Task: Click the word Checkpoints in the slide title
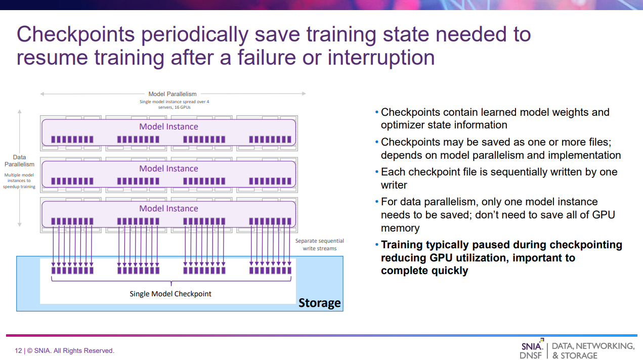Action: [75, 35]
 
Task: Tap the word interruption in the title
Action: [381, 58]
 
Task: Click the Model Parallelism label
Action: [173, 94]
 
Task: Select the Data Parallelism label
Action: [19, 161]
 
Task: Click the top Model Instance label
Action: [168, 126]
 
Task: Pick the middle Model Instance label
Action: [168, 168]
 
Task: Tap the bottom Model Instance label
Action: [168, 208]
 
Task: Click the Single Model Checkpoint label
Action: [170, 294]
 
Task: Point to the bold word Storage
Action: [320, 303]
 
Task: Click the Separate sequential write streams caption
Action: [320, 244]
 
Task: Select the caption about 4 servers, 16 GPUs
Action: [174, 105]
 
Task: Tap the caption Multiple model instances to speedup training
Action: [19, 181]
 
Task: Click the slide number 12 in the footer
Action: [18, 350]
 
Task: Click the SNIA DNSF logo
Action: [532, 349]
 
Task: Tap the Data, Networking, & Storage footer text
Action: [593, 350]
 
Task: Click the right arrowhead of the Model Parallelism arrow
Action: [304, 94]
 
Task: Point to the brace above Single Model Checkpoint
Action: [171, 281]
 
